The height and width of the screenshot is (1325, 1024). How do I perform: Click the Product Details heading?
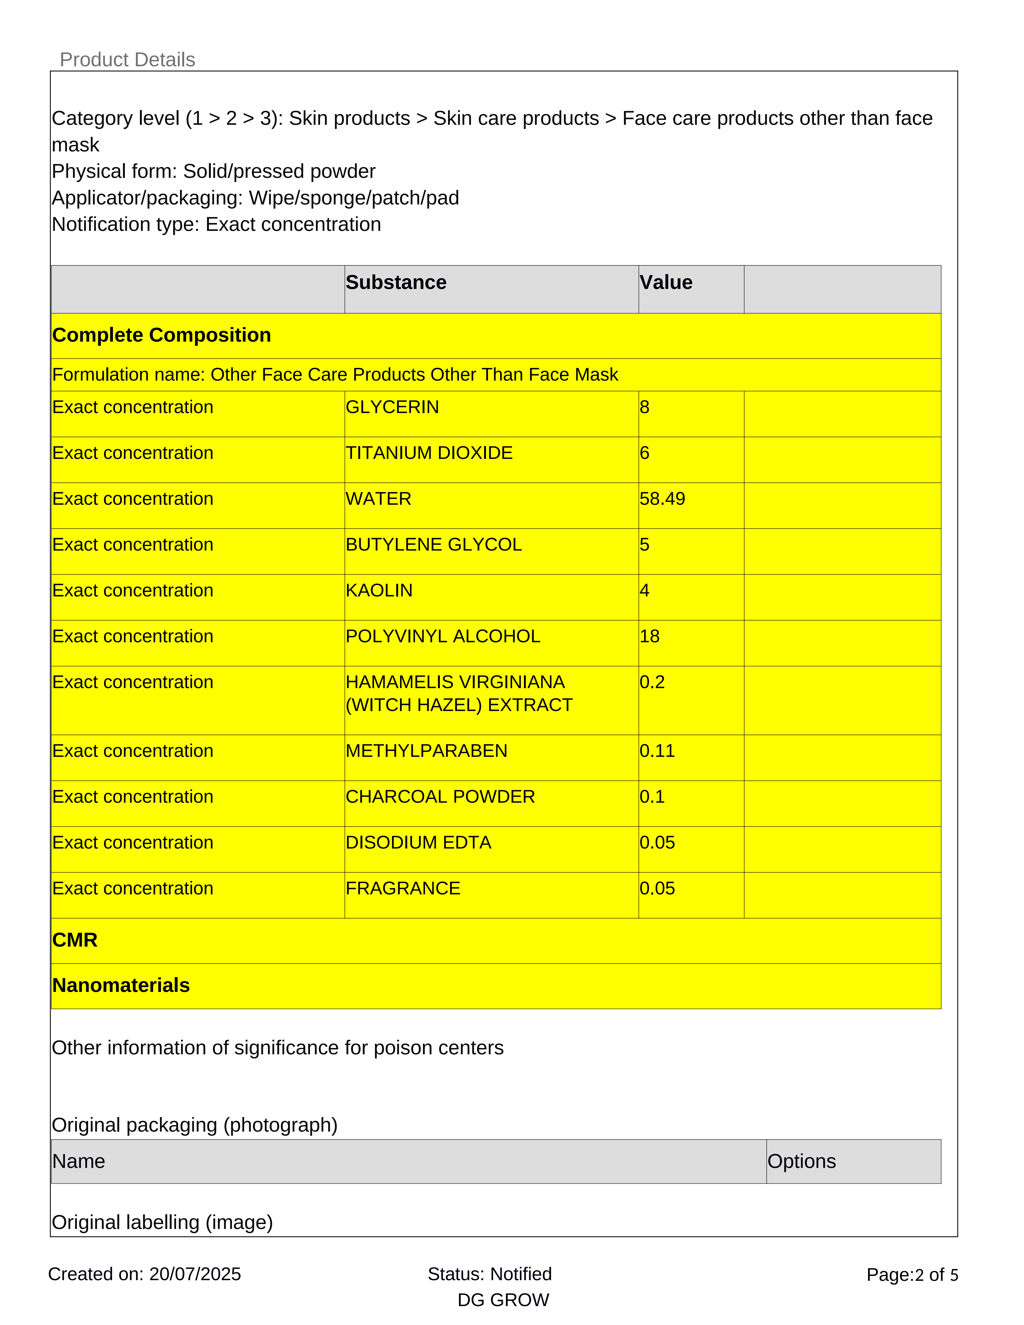pos(127,60)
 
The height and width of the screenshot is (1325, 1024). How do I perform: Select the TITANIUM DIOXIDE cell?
pos(429,453)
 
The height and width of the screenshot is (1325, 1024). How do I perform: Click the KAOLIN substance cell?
pos(379,590)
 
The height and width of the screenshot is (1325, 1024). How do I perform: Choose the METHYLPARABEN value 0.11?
pos(657,751)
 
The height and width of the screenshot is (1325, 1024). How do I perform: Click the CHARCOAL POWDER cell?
pos(440,796)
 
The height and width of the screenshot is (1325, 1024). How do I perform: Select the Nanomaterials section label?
pos(121,985)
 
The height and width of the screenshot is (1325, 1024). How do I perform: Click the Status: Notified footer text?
pos(489,1274)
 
